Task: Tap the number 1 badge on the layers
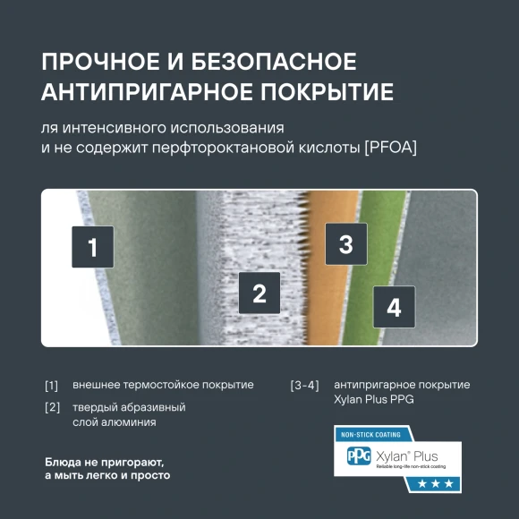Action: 92,247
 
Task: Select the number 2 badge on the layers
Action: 259,293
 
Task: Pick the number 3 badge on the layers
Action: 345,244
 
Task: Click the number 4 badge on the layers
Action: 393,307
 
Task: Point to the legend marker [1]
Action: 51,386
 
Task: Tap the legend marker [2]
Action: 51,408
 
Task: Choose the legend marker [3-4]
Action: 304,386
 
